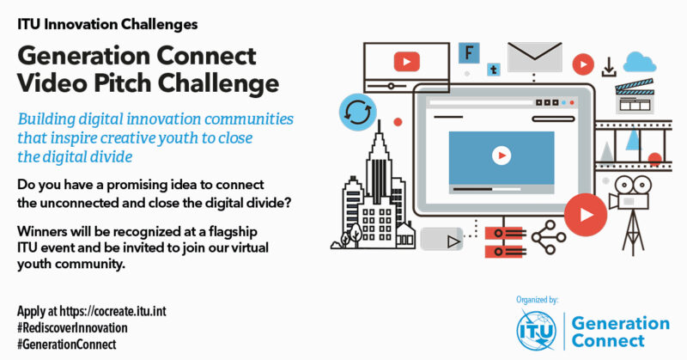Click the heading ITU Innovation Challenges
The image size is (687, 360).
click(x=107, y=24)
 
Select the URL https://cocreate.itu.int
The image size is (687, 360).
click(x=113, y=311)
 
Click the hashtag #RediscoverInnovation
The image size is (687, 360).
click(x=72, y=328)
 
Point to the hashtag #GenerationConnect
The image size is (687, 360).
click(x=67, y=345)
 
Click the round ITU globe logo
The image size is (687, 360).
click(x=536, y=330)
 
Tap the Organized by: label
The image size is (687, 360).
click(x=538, y=300)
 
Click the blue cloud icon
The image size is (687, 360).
click(x=640, y=62)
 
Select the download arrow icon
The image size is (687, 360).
click(x=609, y=67)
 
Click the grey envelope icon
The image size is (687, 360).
click(x=534, y=57)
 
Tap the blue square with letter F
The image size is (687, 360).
click(x=469, y=53)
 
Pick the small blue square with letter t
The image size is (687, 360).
click(x=494, y=70)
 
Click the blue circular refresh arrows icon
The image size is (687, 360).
click(x=358, y=112)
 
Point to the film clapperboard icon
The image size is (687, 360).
click(x=635, y=96)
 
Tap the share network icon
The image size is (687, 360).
click(x=549, y=237)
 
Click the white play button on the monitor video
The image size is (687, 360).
click(x=502, y=156)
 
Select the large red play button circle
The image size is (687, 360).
click(x=586, y=215)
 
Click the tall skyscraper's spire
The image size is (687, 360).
click(x=379, y=128)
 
